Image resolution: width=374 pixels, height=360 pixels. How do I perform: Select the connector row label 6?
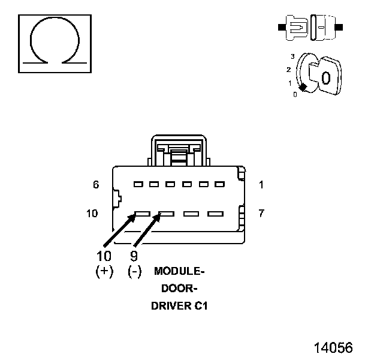pyautogui.click(x=96, y=185)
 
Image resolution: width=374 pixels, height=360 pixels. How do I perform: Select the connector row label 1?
pyautogui.click(x=261, y=185)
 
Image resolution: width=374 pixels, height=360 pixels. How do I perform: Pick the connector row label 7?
pyautogui.click(x=261, y=213)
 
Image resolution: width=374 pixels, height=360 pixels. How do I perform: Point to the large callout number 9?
pyautogui.click(x=135, y=256)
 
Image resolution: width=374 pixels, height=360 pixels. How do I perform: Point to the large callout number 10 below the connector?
pyautogui.click(x=104, y=256)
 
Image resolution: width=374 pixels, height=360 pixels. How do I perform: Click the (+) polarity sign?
pyautogui.click(x=104, y=271)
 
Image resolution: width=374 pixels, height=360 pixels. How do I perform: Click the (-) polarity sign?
pyautogui.click(x=135, y=271)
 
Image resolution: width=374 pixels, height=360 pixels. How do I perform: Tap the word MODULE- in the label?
pyautogui.click(x=180, y=271)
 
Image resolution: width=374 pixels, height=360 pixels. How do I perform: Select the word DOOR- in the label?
pyautogui.click(x=180, y=288)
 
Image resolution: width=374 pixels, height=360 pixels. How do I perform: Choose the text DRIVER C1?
pyautogui.click(x=180, y=305)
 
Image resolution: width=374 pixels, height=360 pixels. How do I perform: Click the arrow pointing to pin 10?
pyautogui.click(x=121, y=230)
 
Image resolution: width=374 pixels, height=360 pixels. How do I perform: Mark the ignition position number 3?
pyautogui.click(x=292, y=56)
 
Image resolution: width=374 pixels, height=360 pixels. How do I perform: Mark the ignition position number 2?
pyautogui.click(x=288, y=70)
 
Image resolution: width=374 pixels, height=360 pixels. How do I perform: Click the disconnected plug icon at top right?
pyautogui.click(x=310, y=28)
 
